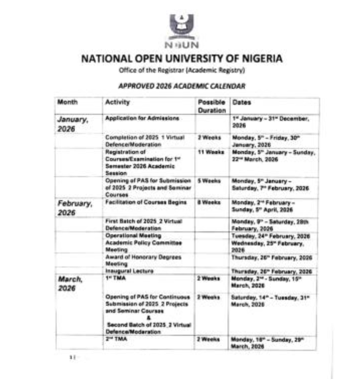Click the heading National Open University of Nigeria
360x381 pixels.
click(x=181, y=58)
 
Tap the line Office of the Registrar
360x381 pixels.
click(x=181, y=70)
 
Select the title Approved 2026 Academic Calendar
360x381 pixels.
click(x=181, y=86)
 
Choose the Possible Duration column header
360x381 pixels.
click(x=211, y=106)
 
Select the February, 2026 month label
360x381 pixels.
click(x=74, y=207)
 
